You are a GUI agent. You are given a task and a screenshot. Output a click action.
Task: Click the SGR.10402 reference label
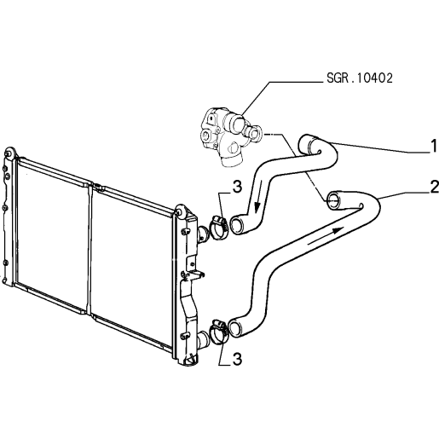pyautogui.click(x=360, y=78)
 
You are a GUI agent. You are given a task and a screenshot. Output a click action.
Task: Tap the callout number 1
pyautogui.click(x=434, y=146)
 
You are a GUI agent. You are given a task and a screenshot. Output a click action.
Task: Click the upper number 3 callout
pyautogui.click(x=237, y=187)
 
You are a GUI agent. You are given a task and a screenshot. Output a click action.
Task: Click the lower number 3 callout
pyautogui.click(x=237, y=359)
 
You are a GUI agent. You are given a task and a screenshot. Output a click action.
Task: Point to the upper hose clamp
pyautogui.click(x=218, y=227)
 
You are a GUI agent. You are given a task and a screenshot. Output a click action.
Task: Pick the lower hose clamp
pyautogui.click(x=218, y=332)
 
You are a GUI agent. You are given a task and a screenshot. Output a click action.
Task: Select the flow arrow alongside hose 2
pyautogui.click(x=326, y=235)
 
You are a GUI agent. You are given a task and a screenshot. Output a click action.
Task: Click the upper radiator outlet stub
pyautogui.click(x=202, y=234)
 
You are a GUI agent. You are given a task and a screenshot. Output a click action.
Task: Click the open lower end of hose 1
pyautogui.click(x=237, y=225)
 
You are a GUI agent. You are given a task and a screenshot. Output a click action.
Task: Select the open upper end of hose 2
pyautogui.click(x=334, y=201)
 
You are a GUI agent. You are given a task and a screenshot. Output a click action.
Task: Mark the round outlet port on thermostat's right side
pyautogui.click(x=255, y=132)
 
